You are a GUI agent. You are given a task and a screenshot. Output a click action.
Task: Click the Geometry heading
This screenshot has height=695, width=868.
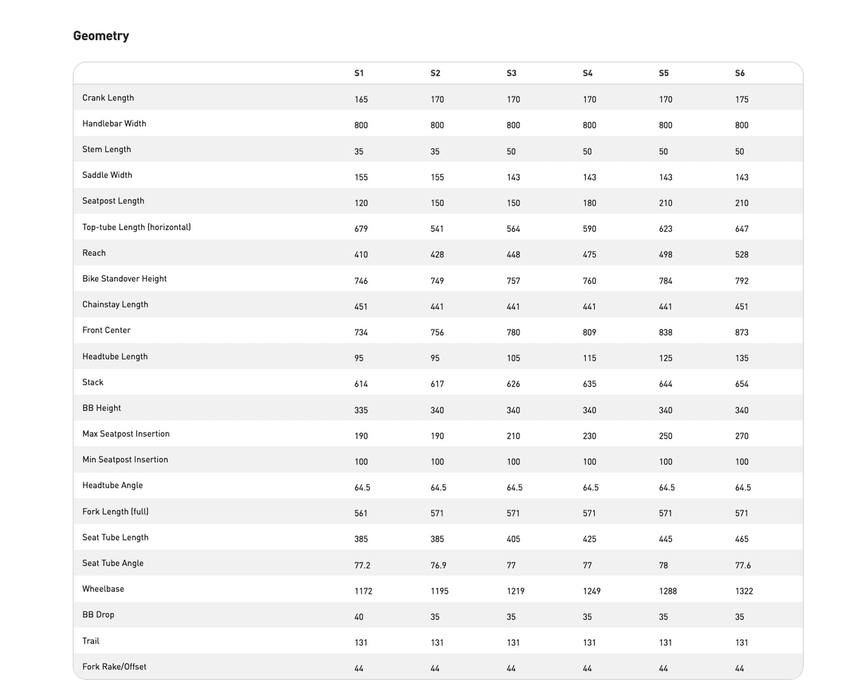coord(101,36)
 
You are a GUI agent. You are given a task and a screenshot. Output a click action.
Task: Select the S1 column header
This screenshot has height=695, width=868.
coord(359,73)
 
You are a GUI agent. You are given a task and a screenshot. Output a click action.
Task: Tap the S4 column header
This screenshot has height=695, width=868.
coord(587,73)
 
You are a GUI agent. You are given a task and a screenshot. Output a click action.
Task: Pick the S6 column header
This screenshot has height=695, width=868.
coord(739,73)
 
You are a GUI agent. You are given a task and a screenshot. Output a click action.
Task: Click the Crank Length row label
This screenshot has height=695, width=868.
coord(108,98)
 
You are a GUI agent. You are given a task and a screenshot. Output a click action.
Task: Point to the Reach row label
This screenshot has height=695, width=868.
coord(94,253)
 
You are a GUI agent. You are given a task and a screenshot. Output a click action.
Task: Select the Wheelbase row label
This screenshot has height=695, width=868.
coord(103,589)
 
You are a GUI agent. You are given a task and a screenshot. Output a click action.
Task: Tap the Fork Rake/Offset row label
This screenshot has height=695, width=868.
coord(114,667)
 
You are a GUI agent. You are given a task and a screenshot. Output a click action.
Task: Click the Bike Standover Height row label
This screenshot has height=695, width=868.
coord(124,279)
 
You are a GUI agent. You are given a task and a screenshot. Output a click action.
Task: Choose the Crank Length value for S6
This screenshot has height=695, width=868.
coord(742,100)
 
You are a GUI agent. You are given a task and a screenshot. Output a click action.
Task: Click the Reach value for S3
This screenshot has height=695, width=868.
coord(513,255)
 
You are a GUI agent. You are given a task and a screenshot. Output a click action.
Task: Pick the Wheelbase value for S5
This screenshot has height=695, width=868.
coord(667,592)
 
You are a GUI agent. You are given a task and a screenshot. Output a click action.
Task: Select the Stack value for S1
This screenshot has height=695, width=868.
coord(361,384)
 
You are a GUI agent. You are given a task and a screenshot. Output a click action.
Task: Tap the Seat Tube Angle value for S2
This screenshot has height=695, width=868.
coord(438,566)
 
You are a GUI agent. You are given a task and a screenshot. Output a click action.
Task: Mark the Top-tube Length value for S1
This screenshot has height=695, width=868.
coord(361,229)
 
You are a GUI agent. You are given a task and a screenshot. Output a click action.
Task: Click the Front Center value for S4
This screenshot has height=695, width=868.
coord(589,332)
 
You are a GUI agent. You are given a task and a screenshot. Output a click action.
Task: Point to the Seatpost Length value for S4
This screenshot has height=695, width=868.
coord(589,203)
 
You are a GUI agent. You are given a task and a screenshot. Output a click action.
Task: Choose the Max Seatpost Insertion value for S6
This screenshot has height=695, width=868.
coord(742,436)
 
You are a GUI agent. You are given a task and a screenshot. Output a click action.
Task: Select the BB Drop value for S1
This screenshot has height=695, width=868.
coord(359,617)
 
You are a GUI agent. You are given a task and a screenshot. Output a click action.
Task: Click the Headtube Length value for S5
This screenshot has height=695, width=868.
coord(666,358)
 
